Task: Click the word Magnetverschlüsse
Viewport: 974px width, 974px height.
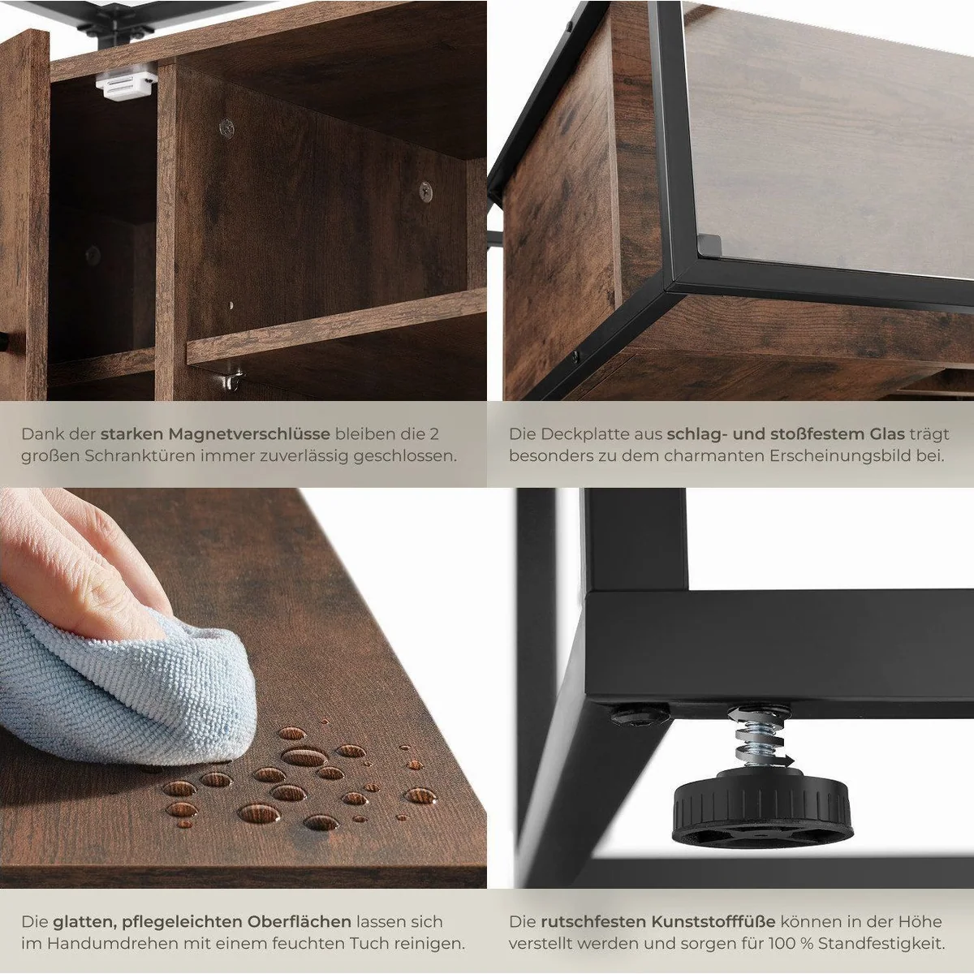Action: pyautogui.click(x=248, y=434)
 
